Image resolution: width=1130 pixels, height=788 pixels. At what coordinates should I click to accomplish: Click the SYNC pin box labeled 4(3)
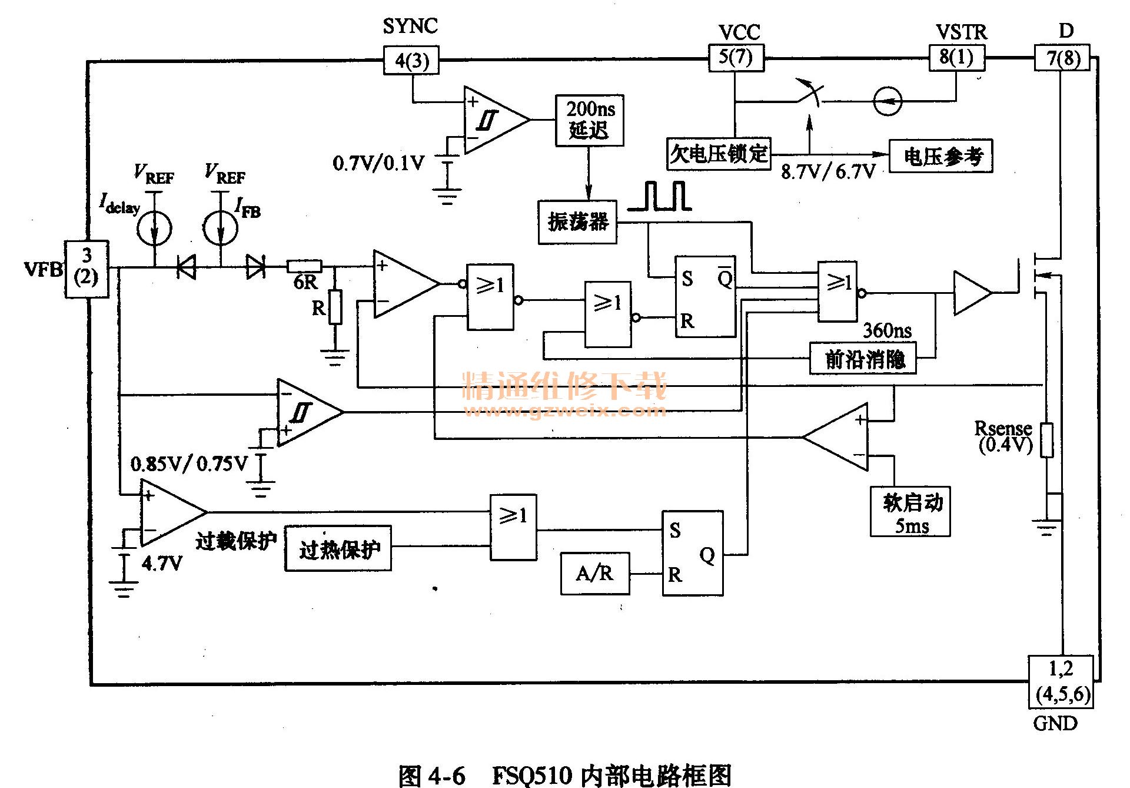coord(411,61)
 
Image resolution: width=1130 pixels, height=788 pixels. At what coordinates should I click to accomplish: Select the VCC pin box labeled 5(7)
coord(735,58)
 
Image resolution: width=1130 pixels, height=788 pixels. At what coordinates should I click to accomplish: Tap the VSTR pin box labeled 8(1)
coord(956,58)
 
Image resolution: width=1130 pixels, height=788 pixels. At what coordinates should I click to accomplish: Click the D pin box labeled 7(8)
coord(1062,58)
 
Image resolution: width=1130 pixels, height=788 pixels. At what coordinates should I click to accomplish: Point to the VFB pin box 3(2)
coord(87,269)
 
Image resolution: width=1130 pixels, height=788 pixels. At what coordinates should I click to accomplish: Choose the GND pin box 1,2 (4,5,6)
coord(1061,681)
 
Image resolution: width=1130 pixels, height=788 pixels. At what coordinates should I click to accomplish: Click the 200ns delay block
coord(589,120)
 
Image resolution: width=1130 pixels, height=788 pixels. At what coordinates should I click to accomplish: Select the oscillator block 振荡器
coord(577,222)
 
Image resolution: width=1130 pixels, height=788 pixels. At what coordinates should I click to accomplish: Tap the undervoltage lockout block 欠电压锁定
coord(719,154)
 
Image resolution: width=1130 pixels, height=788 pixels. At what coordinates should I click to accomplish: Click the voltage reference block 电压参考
coord(940,156)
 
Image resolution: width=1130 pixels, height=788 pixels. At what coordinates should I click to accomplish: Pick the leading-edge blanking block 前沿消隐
coord(863,359)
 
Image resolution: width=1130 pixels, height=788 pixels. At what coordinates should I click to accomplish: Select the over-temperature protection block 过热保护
coord(338,549)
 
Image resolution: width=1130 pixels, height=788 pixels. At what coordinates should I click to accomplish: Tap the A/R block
coord(594,573)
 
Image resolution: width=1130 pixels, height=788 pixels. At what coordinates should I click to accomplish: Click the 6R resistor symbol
coord(304,266)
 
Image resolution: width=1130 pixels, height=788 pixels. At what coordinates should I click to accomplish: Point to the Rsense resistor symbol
coord(1046,440)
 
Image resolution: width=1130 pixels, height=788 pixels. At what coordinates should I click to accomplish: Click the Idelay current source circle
coord(154,229)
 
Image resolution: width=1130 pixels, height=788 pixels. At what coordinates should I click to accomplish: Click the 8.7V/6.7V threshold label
coord(828,171)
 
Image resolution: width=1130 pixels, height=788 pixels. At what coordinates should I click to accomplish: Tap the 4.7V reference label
coord(162,564)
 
